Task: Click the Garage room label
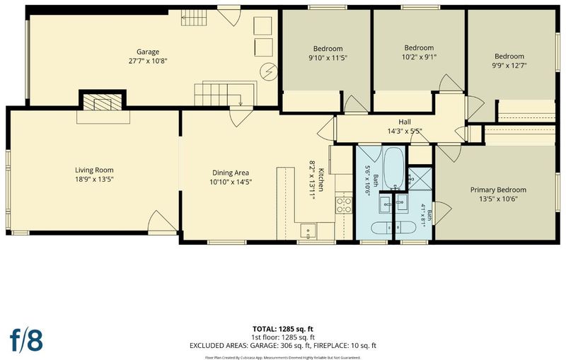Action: pyautogui.click(x=148, y=52)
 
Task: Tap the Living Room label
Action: pyautogui.click(x=94, y=170)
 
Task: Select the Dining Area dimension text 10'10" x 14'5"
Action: pyautogui.click(x=231, y=182)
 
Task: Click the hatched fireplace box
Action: pyautogui.click(x=103, y=102)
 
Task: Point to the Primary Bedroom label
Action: pyautogui.click(x=498, y=190)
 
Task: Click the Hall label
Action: pyautogui.click(x=405, y=122)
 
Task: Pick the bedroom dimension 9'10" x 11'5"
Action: pyautogui.click(x=328, y=58)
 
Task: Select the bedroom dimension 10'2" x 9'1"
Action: pyautogui.click(x=419, y=57)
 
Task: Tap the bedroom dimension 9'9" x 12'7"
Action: pyautogui.click(x=509, y=66)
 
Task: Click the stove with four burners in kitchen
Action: pyautogui.click(x=344, y=205)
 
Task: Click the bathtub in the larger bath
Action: pyautogui.click(x=394, y=168)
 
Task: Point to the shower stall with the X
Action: pyautogui.click(x=420, y=178)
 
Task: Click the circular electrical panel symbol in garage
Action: pyautogui.click(x=269, y=71)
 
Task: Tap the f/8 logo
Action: pyautogui.click(x=26, y=339)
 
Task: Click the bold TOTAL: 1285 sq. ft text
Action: pyautogui.click(x=282, y=329)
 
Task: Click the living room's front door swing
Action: pyautogui.click(x=163, y=221)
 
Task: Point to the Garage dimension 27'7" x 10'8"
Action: pyautogui.click(x=148, y=61)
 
